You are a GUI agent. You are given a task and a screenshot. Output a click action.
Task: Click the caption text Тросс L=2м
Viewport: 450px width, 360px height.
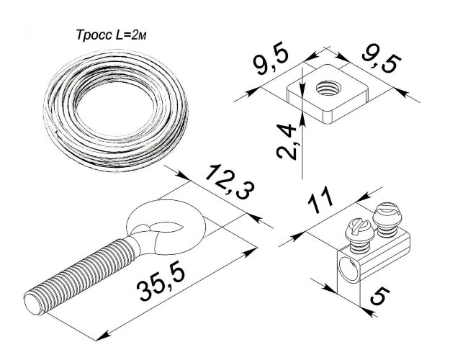(x=111, y=35)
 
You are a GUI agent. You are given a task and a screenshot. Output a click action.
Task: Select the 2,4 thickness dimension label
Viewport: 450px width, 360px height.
(x=287, y=141)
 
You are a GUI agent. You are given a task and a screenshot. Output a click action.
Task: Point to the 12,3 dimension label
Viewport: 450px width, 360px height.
(x=230, y=183)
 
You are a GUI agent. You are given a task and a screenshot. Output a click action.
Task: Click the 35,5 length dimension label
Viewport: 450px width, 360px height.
(x=161, y=283)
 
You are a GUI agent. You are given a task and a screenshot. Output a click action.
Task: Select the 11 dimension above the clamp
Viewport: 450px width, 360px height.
(x=320, y=200)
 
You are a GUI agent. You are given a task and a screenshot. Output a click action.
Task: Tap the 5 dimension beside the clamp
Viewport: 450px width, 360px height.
(x=380, y=296)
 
